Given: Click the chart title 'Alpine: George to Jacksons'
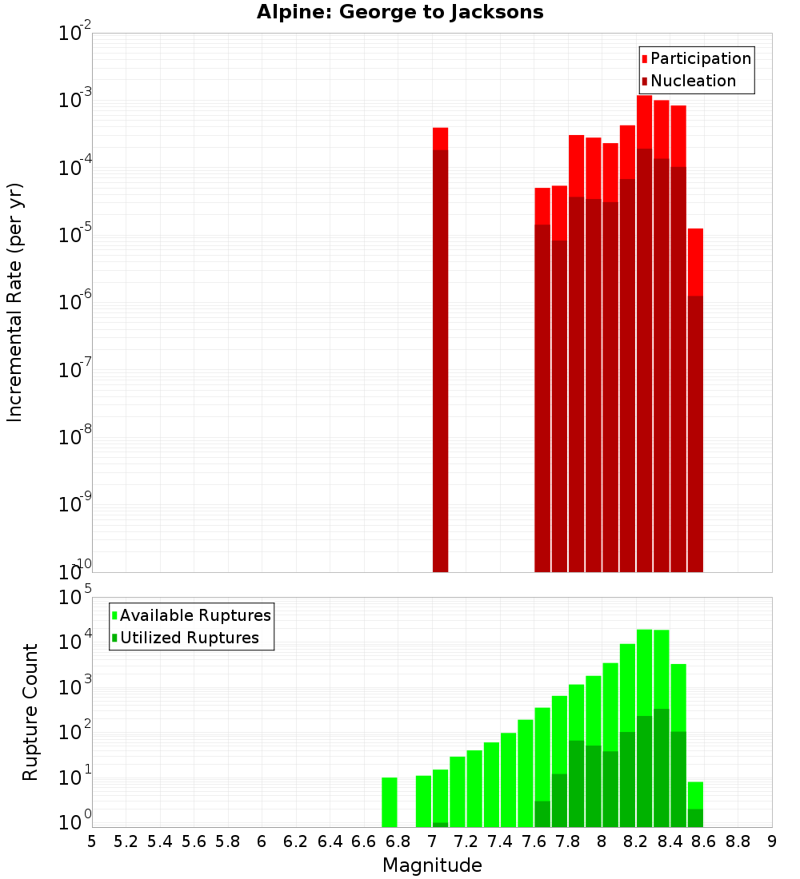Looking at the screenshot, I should [x=400, y=13].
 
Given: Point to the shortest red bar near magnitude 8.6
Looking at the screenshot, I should [x=695, y=400].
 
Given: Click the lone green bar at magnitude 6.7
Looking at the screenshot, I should [x=390, y=802].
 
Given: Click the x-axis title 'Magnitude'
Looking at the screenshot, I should [x=432, y=865].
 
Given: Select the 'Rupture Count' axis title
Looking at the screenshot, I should [x=30, y=712].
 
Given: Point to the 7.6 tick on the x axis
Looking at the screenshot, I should [x=534, y=841].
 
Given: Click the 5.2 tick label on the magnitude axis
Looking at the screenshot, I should [x=126, y=841].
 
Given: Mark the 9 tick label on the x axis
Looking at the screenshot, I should [x=772, y=841].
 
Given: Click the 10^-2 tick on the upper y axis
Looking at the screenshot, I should [x=75, y=34].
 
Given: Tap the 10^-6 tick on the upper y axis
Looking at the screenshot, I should [x=75, y=303].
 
